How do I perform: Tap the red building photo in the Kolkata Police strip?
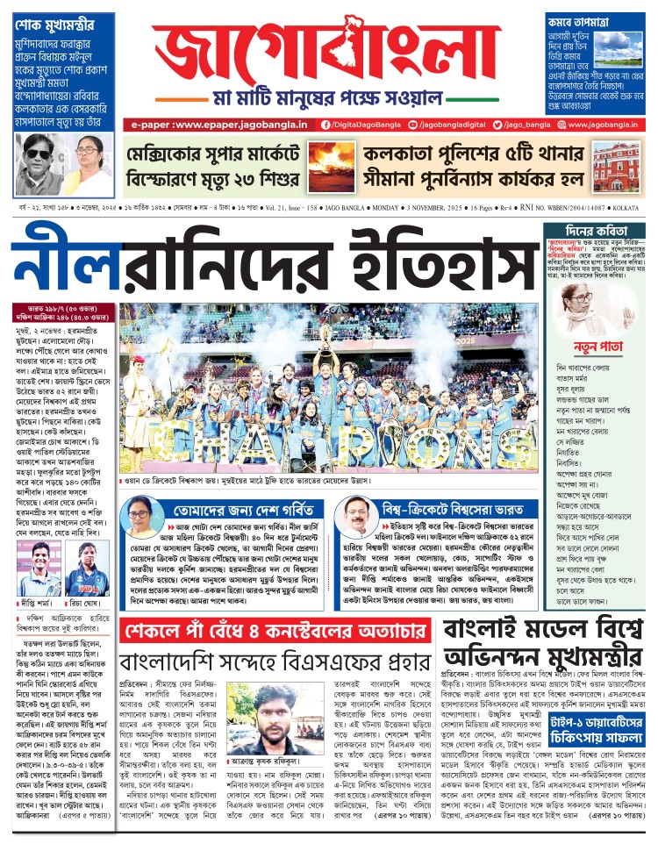[619, 163]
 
